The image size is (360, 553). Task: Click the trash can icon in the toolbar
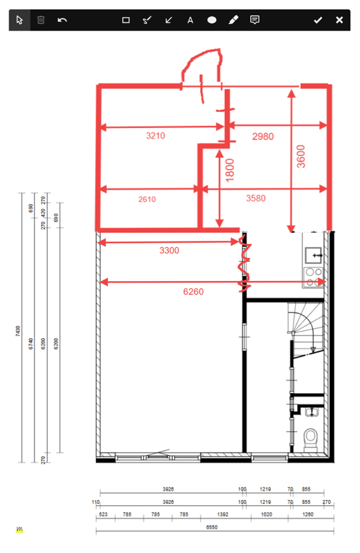(x=40, y=20)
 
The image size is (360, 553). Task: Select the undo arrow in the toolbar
(x=62, y=20)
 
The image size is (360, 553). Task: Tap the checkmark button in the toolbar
(x=318, y=20)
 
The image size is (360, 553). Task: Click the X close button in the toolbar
(x=339, y=20)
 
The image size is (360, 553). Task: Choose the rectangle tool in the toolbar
(x=125, y=20)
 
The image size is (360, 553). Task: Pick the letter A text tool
(x=190, y=20)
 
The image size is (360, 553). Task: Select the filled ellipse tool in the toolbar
(x=211, y=20)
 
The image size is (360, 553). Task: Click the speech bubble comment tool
(x=255, y=20)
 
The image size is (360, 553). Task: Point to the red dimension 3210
(x=155, y=136)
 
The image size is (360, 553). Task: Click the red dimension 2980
(x=263, y=137)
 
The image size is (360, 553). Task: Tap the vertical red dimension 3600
(x=302, y=157)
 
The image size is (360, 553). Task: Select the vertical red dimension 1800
(x=230, y=170)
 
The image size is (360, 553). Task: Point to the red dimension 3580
(x=258, y=198)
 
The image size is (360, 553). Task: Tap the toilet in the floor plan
(x=310, y=440)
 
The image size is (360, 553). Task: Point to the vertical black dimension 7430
(x=18, y=331)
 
